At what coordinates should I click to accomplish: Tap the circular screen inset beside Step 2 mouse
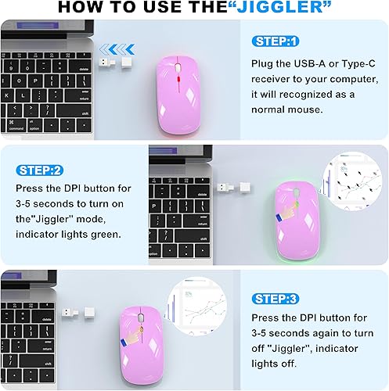point(349,185)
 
